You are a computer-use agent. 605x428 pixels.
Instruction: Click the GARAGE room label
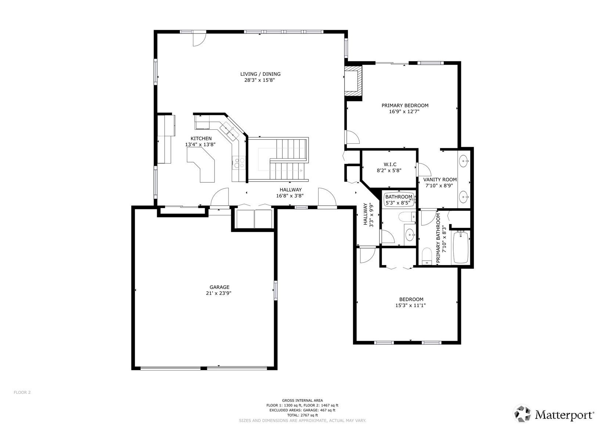point(219,287)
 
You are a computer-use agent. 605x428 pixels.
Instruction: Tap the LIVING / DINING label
point(260,74)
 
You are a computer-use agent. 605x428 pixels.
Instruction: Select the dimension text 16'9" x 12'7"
point(404,111)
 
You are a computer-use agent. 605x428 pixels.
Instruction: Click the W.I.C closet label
point(390,164)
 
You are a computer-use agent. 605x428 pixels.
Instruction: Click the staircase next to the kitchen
point(278,159)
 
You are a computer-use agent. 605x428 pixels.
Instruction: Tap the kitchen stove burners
point(238,163)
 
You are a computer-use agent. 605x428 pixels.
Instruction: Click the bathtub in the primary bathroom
point(461,247)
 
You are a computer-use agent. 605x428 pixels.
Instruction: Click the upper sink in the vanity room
point(464,161)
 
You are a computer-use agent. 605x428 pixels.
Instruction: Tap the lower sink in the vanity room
point(464,197)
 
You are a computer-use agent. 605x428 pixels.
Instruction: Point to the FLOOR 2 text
point(22,392)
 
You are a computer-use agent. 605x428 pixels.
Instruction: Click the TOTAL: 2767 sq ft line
point(303,415)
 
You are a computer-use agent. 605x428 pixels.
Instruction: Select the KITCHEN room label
point(201,138)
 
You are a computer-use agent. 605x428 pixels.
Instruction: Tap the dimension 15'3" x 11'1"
point(411,305)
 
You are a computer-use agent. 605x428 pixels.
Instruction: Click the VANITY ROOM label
point(440,179)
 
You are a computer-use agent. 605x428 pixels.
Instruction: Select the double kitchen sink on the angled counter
point(229,131)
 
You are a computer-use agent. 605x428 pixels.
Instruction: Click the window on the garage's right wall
point(276,290)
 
